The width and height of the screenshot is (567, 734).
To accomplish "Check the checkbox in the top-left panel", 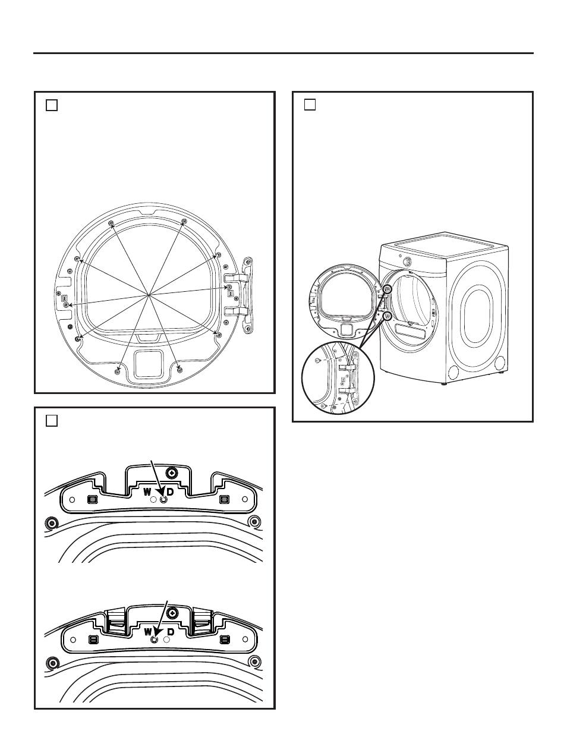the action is coord(51,105).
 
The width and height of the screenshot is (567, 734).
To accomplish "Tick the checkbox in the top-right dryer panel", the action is coord(310,105).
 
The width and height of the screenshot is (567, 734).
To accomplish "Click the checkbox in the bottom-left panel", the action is coord(51,421).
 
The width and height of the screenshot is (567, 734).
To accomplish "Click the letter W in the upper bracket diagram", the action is coord(147,492).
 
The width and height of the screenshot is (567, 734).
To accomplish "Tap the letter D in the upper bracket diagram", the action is coord(170,492).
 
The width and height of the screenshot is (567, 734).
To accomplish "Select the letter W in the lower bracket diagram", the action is coord(147,632).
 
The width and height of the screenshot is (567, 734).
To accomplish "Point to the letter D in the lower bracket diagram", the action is coord(171,632).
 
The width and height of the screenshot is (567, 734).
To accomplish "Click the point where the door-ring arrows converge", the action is coord(149,295).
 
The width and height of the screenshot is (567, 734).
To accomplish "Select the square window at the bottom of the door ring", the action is coord(149,364).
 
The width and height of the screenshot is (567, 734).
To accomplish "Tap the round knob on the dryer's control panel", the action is coord(407,261).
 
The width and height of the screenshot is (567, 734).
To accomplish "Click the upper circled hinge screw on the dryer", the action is coord(388,289).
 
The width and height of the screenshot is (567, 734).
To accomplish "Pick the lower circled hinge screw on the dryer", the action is coord(388,316).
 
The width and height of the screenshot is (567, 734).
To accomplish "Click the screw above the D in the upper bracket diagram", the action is coord(172,472).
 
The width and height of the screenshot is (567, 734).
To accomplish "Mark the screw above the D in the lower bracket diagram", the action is coord(172,612).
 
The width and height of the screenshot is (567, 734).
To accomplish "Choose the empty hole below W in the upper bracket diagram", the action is coord(153,500).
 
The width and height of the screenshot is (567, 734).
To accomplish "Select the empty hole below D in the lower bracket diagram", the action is coord(166,640).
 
